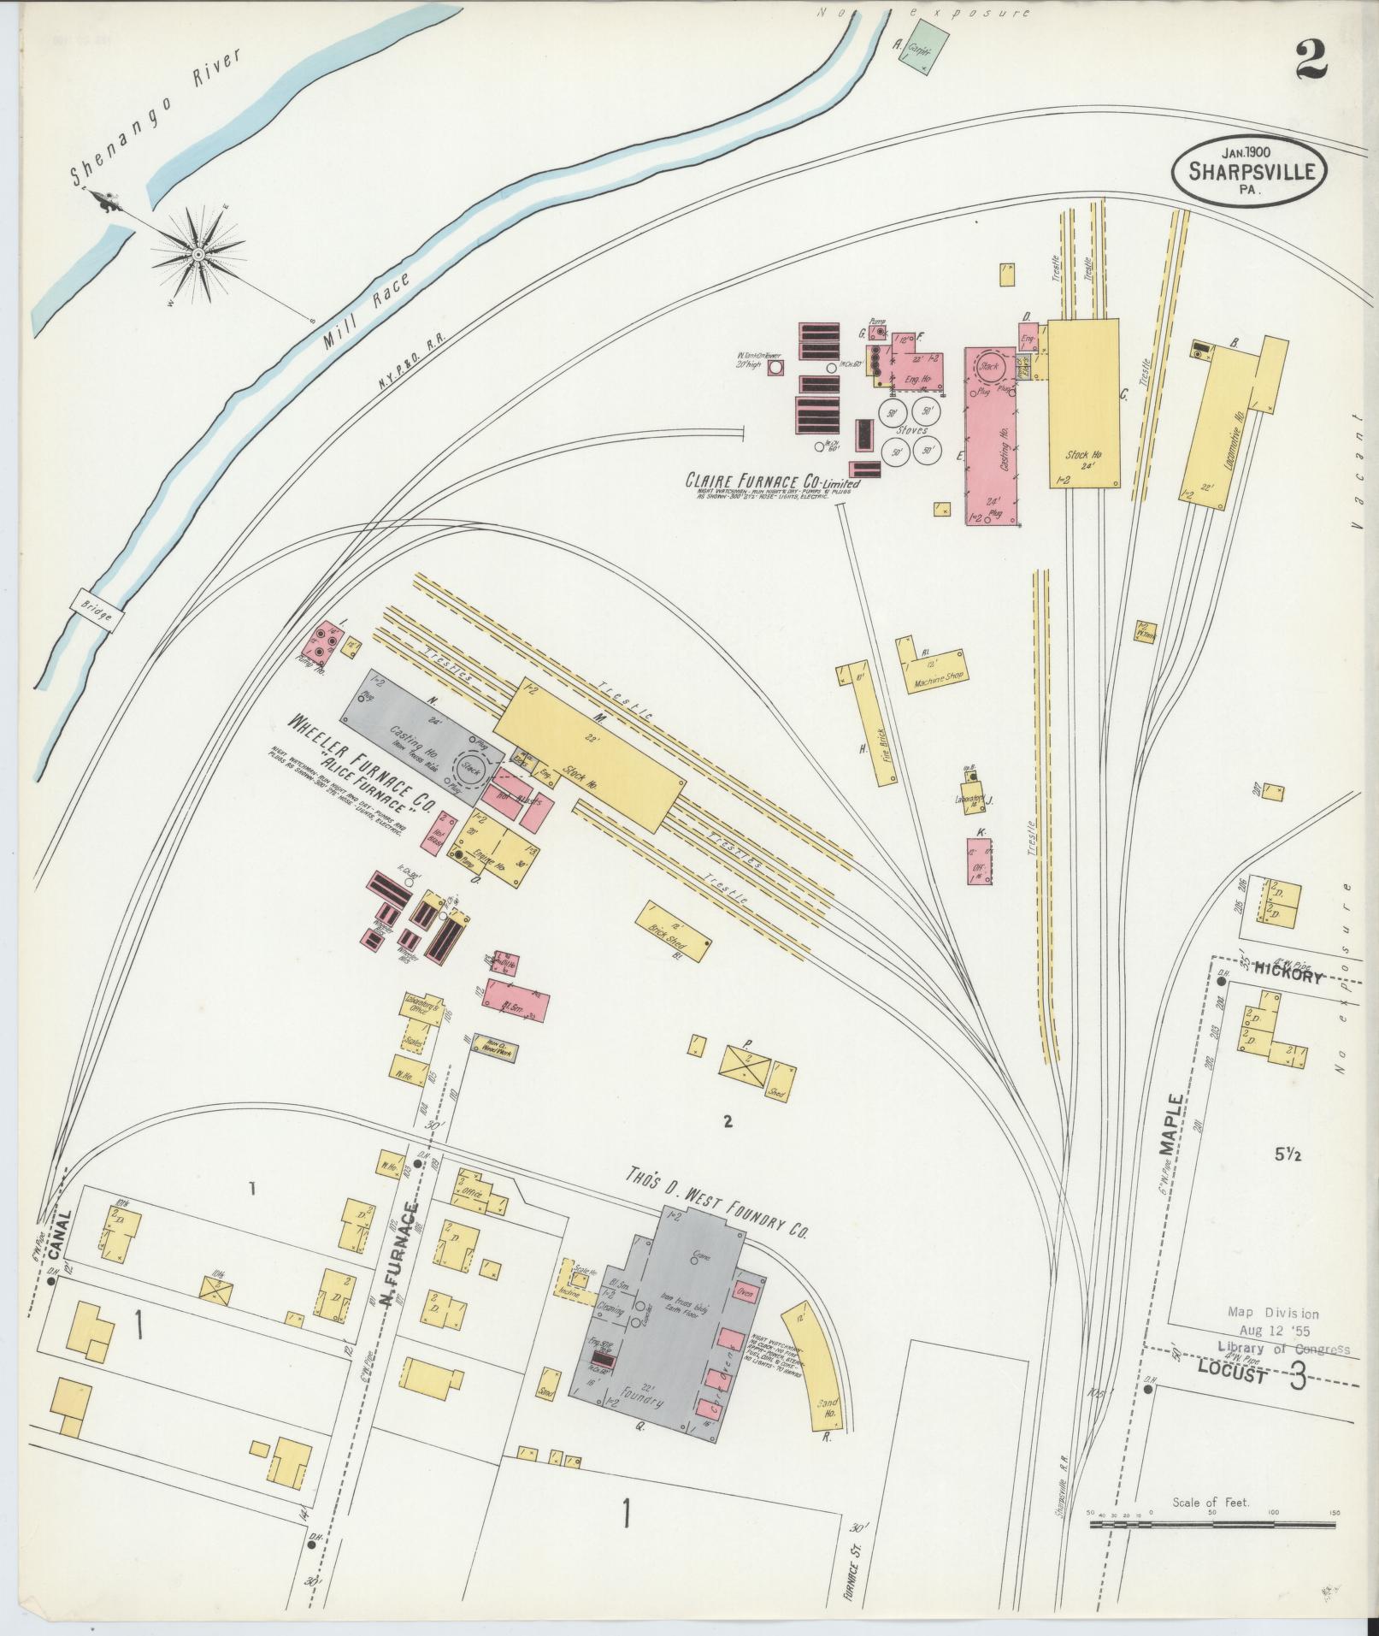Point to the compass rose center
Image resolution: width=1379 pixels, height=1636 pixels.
(x=197, y=255)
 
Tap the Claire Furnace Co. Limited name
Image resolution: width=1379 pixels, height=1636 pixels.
(x=771, y=481)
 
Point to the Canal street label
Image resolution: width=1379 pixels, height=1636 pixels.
(x=57, y=1238)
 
